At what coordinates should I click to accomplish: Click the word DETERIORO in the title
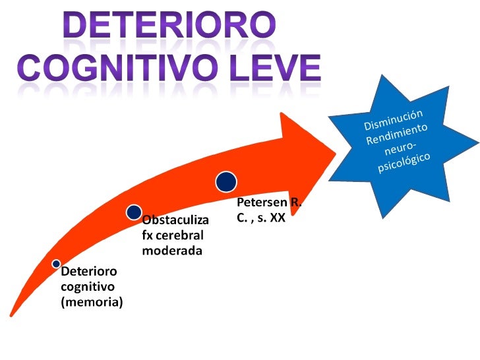click(169, 26)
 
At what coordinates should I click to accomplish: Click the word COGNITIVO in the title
click(113, 67)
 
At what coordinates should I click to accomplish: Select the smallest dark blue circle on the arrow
click(57, 264)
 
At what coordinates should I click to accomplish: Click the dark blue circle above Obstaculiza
click(134, 212)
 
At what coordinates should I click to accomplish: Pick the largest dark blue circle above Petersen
click(226, 181)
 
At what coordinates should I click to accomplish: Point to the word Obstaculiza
click(175, 219)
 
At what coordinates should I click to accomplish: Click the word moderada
click(171, 251)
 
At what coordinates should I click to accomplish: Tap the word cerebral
click(179, 235)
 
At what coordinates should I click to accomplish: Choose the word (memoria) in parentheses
click(92, 303)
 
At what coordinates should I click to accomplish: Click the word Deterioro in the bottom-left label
click(88, 271)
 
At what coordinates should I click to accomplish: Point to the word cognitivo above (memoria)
click(88, 287)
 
